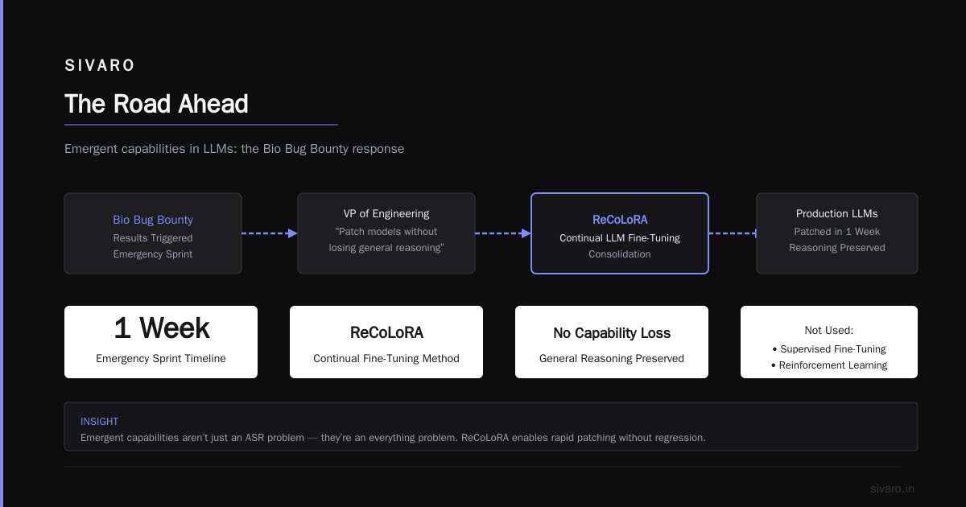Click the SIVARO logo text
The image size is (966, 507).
click(x=100, y=65)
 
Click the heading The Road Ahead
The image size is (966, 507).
click(x=156, y=104)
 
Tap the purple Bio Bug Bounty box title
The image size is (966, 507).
click(x=153, y=220)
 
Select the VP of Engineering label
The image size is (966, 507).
click(x=386, y=214)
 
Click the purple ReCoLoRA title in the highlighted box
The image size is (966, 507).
click(x=620, y=220)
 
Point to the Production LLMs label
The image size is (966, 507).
click(x=836, y=214)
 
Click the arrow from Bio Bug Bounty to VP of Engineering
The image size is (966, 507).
click(x=270, y=233)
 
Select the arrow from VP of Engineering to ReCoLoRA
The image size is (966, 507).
click(x=503, y=233)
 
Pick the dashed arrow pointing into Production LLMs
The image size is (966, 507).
click(x=733, y=233)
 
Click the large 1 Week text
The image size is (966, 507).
click(x=162, y=328)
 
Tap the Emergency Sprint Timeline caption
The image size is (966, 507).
click(x=161, y=359)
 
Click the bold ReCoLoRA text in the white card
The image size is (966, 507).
click(x=386, y=333)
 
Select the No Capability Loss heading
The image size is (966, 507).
click(x=612, y=333)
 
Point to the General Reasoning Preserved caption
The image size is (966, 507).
click(x=612, y=359)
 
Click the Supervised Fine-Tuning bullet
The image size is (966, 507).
click(x=829, y=348)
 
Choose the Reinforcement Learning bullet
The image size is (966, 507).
click(x=829, y=365)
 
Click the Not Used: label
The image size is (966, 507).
click(x=829, y=331)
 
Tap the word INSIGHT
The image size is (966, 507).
click(x=99, y=422)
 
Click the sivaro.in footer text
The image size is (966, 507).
click(x=892, y=488)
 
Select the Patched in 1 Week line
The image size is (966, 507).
click(x=836, y=232)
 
